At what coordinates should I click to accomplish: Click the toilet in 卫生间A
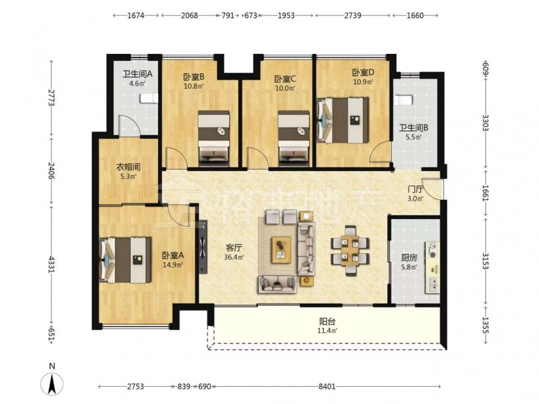point(149,99)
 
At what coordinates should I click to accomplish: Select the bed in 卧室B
point(213,136)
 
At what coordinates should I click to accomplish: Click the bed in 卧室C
point(294,136)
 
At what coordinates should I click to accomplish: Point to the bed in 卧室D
point(343,120)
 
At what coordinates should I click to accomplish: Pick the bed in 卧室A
point(126,260)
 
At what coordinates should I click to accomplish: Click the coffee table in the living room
point(281,250)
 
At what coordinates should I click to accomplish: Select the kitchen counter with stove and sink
point(432,268)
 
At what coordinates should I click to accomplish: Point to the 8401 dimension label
point(327,386)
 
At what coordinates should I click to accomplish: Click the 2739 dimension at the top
point(353,16)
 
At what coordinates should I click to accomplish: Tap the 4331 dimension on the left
point(52,264)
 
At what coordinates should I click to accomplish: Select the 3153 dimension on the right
point(485,261)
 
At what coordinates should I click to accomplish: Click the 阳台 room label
point(327,322)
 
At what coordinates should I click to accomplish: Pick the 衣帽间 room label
point(128,168)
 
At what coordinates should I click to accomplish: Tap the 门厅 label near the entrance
point(415,189)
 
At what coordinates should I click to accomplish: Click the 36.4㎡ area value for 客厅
point(234,257)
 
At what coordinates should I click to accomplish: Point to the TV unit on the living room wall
point(203,247)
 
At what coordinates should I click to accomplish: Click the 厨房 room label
point(409,257)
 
